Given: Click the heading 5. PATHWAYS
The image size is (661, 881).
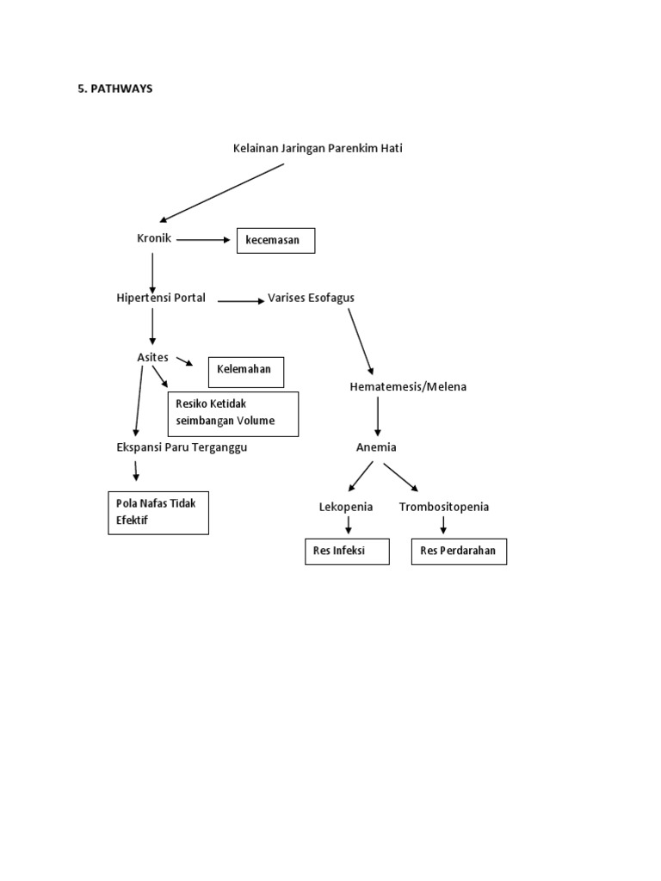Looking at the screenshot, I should click(x=114, y=89).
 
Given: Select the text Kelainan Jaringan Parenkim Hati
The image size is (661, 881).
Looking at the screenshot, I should click(x=318, y=148).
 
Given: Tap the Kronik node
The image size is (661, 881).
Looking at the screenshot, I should click(x=155, y=238).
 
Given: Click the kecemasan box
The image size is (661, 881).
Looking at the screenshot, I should click(x=276, y=241).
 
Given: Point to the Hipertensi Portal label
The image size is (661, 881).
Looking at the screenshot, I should click(x=161, y=298).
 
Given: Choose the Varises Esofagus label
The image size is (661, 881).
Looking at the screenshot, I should click(x=312, y=298).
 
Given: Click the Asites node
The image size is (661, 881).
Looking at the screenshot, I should click(x=152, y=357).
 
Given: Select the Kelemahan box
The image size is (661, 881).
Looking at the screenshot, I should click(x=245, y=370).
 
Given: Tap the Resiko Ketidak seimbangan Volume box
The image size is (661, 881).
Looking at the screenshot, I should click(x=232, y=413).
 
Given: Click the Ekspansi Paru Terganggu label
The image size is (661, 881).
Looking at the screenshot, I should click(x=182, y=447).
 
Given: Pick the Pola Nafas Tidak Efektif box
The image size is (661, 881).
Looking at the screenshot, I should click(x=158, y=512).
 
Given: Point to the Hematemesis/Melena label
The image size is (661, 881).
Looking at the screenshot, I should click(x=408, y=387).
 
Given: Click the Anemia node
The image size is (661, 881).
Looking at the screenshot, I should click(x=376, y=447).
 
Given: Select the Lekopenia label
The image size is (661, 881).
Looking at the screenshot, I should click(x=346, y=507).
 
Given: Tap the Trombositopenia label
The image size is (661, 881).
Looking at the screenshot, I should click(x=444, y=507).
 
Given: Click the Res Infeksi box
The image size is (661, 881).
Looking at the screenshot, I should click(x=347, y=551).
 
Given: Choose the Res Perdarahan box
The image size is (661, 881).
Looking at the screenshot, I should click(x=459, y=551).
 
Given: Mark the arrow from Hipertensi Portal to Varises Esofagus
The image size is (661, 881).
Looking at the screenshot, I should click(x=240, y=301).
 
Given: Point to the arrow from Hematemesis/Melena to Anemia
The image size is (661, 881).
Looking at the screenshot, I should click(x=377, y=418).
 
